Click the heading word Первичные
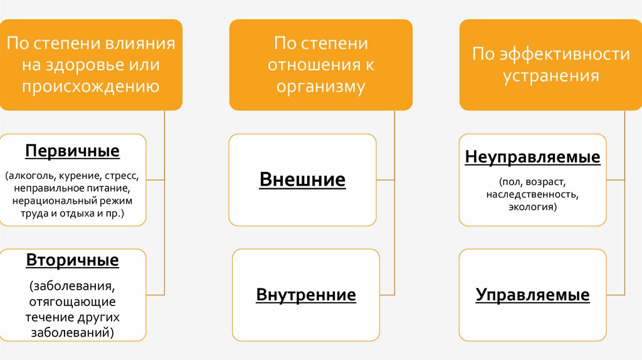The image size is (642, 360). point(72,151)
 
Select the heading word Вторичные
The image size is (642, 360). point(72,259)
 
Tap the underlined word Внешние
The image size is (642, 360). point(302,180)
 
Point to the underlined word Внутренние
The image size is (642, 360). point(306,295)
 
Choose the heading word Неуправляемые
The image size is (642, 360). point(532,157)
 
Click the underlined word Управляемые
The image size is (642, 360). point(532,295)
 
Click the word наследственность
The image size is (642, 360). point(532,194)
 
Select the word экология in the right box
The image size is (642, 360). point(532,206)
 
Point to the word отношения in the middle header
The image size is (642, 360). point(310,65)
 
